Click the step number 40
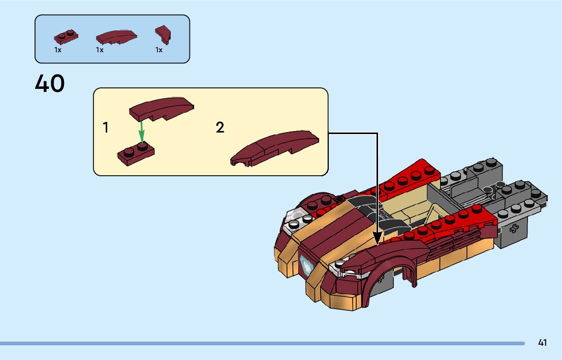click(50, 84)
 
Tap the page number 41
click(542, 343)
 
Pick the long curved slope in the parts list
click(116, 37)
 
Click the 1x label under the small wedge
click(159, 50)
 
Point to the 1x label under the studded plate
click(57, 50)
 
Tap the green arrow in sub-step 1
click(142, 130)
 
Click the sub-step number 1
click(106, 127)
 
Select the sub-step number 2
click(220, 127)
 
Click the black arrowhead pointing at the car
click(377, 238)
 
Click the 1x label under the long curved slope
click(100, 50)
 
